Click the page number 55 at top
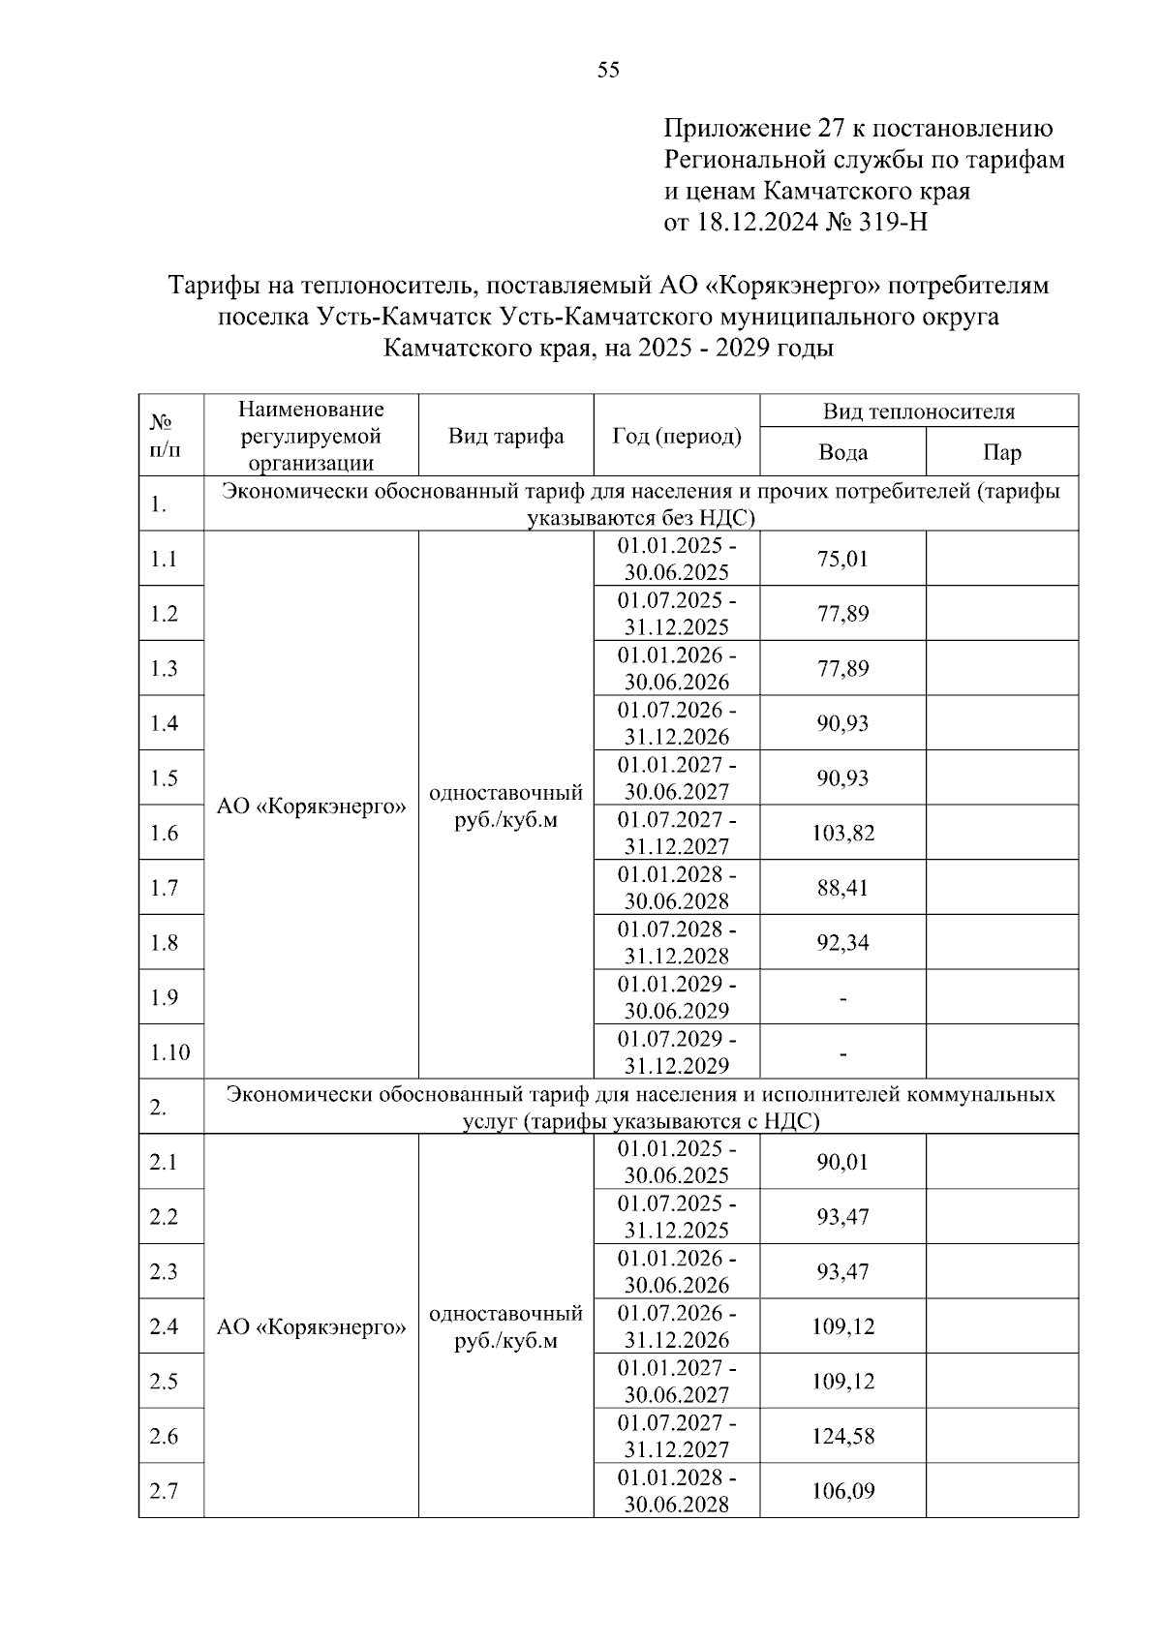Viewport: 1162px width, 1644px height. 608,70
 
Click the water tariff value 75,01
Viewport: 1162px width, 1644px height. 842,559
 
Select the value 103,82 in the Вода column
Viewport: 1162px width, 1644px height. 842,833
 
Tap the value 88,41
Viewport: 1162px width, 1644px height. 842,888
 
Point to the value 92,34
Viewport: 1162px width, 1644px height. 842,942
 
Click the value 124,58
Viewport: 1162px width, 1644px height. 842,1436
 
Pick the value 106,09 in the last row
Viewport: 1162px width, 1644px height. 842,1491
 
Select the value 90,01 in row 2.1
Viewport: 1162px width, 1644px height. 842,1162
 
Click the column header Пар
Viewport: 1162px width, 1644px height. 1001,452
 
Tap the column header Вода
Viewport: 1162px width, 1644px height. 842,452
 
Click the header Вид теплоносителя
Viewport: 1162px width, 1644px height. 918,411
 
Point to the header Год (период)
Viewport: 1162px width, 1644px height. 677,436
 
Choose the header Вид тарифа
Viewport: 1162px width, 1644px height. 505,436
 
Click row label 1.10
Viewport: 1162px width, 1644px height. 170,1052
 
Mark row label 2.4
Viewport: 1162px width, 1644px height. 164,1326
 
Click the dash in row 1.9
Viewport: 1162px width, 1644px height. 842,998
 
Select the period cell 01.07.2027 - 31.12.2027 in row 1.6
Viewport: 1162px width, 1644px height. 677,833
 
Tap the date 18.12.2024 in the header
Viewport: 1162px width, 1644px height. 756,223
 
